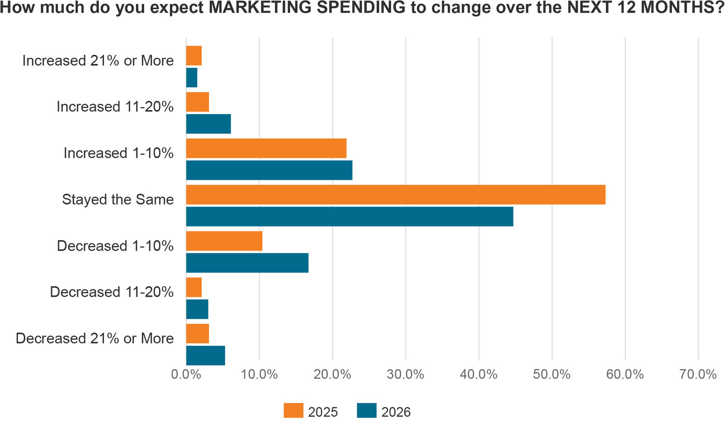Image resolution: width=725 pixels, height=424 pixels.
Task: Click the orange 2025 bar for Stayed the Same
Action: [x=396, y=195]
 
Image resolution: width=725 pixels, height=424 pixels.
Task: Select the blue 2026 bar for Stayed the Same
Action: [x=349, y=217]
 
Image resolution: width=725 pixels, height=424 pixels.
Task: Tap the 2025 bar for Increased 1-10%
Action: [x=266, y=149]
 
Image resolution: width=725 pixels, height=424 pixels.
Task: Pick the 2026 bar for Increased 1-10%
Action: [x=269, y=170]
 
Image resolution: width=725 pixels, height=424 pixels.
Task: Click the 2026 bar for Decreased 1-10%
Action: [x=247, y=263]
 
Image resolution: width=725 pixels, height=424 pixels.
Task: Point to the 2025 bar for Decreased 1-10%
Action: [x=224, y=241]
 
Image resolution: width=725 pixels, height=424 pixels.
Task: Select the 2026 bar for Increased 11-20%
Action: [x=208, y=124]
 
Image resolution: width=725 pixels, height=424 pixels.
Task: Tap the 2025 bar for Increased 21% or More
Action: [x=194, y=56]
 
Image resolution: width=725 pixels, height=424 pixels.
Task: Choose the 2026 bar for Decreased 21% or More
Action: [x=205, y=356]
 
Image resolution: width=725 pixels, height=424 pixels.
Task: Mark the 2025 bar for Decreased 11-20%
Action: [x=194, y=288]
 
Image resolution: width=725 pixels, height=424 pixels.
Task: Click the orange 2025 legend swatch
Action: [x=293, y=410]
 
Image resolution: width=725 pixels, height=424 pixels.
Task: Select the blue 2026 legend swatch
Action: [x=367, y=410]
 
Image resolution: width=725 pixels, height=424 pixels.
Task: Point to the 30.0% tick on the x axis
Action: [x=406, y=375]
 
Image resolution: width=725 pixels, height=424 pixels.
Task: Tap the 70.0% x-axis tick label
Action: [x=698, y=375]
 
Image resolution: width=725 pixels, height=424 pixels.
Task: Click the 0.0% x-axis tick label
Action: [x=186, y=375]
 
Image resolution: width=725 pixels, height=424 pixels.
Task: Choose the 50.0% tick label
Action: [x=552, y=375]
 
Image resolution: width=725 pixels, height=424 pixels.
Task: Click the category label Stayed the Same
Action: [x=118, y=199]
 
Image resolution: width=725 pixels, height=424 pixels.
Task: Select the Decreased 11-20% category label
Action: [x=111, y=292]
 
